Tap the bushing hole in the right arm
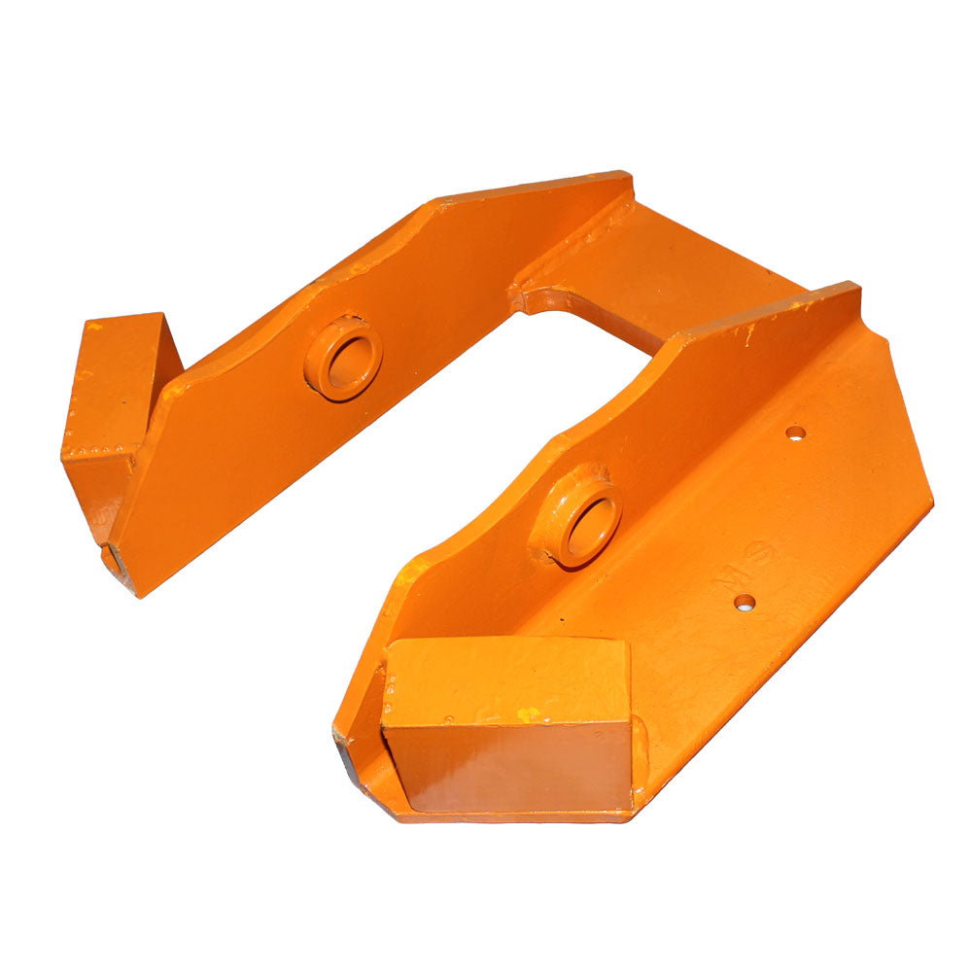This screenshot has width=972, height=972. coord(592,524)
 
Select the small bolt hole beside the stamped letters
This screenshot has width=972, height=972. coord(745,603)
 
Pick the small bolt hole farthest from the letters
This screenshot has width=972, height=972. coord(796,433)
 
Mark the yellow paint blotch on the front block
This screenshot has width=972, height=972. coord(527,714)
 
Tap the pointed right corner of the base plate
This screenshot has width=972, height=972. coord(928,503)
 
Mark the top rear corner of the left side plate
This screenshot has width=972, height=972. coord(627,177)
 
